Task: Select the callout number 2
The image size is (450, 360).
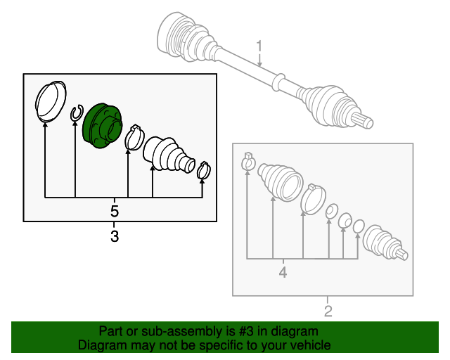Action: click(x=328, y=311)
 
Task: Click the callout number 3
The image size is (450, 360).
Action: click(x=115, y=237)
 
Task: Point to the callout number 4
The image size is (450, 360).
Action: click(x=283, y=271)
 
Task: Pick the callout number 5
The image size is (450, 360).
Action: click(x=115, y=210)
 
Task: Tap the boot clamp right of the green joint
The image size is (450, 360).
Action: click(x=134, y=138)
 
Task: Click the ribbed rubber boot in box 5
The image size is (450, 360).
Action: click(x=167, y=155)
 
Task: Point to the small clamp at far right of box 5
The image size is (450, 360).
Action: click(x=204, y=169)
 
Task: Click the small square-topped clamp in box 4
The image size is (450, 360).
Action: click(x=247, y=161)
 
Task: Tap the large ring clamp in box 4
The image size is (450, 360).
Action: click(x=313, y=198)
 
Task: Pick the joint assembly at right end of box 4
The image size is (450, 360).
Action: click(x=384, y=244)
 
